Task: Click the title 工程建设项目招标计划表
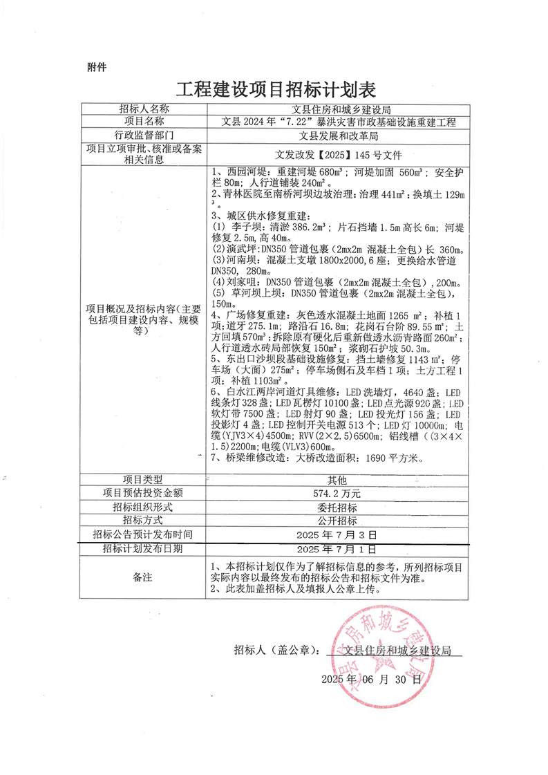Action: pyautogui.click(x=275, y=91)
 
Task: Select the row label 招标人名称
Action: pyautogui.click(x=144, y=109)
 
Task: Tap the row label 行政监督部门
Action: pyautogui.click(x=144, y=135)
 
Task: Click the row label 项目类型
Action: pyautogui.click(x=144, y=480)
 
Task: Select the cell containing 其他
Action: pyautogui.click(x=337, y=480)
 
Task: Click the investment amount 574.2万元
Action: pyautogui.click(x=337, y=494)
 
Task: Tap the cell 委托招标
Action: pyautogui.click(x=337, y=507)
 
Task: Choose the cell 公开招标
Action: pyautogui.click(x=337, y=521)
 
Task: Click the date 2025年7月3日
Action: pyautogui.click(x=337, y=534)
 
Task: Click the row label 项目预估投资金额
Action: pyautogui.click(x=144, y=494)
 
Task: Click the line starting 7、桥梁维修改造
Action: pyautogui.click(x=322, y=458)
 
